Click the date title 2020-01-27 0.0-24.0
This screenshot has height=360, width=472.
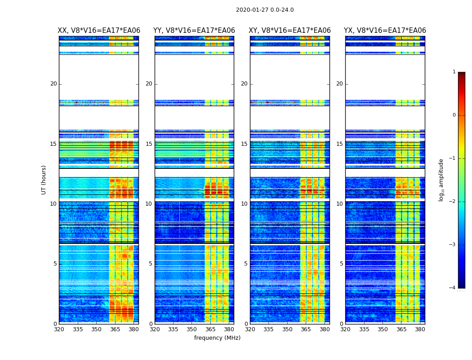coord(265,10)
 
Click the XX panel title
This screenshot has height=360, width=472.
coord(99,31)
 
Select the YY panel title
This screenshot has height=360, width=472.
coord(194,31)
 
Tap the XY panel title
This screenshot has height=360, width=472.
coord(290,31)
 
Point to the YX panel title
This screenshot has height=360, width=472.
coord(385,31)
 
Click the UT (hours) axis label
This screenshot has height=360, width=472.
coord(44,180)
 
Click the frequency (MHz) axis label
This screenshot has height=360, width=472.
coord(217,338)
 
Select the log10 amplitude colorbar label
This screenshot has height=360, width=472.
coord(441,180)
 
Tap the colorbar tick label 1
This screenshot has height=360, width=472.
coord(454,72)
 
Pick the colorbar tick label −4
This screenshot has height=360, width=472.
coord(453,288)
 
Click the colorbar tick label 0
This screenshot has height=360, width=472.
coord(454,115)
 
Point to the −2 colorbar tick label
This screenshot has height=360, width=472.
coord(453,202)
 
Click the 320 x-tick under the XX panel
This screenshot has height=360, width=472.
coord(59,329)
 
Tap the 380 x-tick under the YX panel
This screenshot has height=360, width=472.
coord(420,329)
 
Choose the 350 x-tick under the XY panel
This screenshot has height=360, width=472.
coord(287,329)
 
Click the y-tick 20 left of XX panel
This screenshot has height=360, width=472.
coord(53,84)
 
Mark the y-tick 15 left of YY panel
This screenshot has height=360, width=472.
coord(149,144)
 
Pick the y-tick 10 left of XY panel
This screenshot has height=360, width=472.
coord(244,204)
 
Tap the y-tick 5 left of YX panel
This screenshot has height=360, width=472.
coord(341,264)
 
